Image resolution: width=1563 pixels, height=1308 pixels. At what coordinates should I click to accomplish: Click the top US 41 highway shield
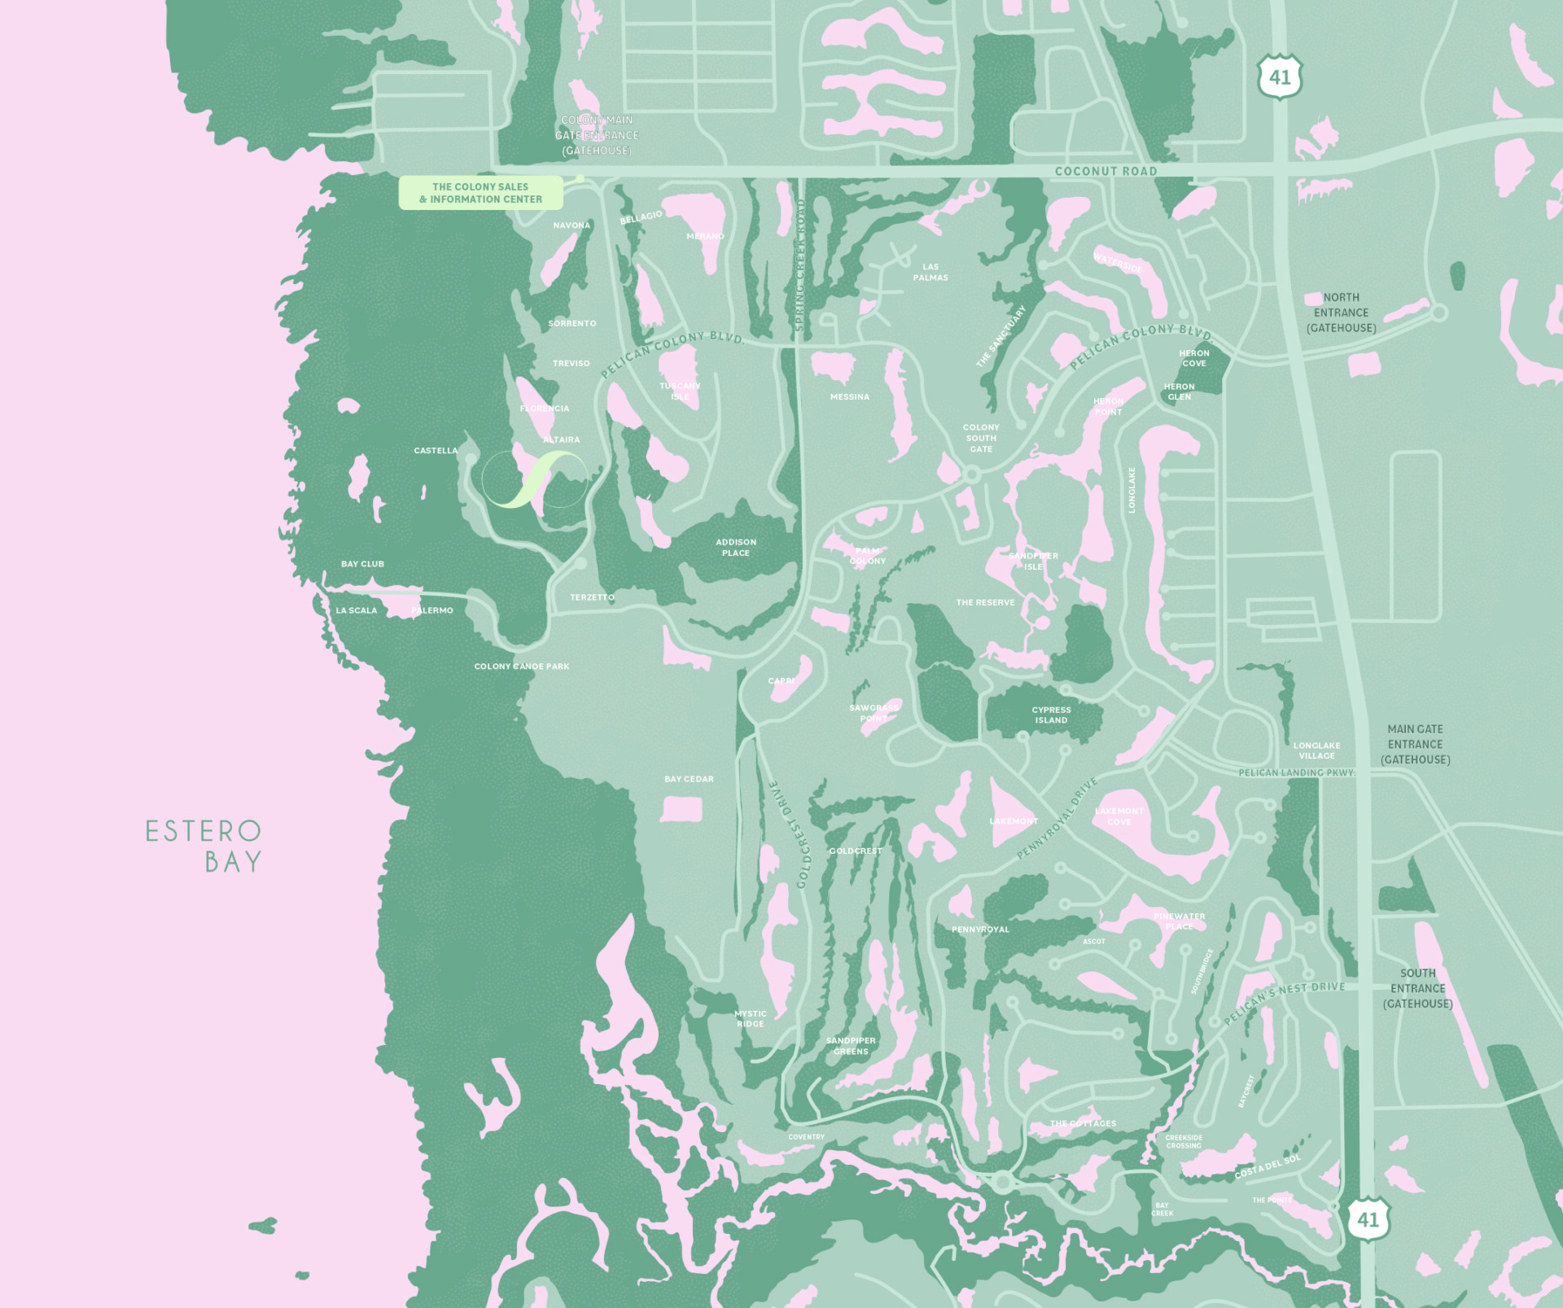coord(1279,77)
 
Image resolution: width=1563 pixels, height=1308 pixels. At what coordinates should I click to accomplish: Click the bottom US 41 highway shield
coord(1368,1219)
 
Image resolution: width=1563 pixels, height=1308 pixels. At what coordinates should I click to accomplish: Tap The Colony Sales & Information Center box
coord(480,193)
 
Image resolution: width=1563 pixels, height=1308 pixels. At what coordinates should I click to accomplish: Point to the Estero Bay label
coord(204,846)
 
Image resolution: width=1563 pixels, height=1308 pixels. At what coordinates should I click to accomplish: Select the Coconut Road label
coord(1105,171)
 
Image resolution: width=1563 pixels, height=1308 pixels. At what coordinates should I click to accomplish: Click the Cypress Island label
coord(1051,715)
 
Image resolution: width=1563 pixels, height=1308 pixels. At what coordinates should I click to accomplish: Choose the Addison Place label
coord(736,547)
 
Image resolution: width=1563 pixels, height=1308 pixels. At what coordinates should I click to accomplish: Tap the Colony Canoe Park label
coord(522,666)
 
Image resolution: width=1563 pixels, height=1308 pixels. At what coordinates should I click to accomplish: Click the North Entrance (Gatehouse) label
coord(1341,313)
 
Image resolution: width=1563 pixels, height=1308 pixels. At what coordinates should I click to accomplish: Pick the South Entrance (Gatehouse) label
coord(1417,988)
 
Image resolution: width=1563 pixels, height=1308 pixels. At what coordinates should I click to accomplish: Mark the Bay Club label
coord(362,563)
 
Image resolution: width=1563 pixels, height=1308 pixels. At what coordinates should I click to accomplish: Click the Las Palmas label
coord(930,272)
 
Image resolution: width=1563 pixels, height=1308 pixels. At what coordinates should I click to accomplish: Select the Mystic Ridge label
coord(751,1018)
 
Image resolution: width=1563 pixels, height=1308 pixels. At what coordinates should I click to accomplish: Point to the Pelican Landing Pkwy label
coord(1295,772)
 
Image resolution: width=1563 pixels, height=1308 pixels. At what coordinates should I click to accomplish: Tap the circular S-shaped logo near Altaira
coord(534,479)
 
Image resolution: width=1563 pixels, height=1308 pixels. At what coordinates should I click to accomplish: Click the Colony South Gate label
coord(981,438)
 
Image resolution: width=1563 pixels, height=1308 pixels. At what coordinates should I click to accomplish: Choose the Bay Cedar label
coord(689,779)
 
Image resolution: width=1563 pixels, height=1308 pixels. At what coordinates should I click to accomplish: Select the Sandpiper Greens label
coord(851,1045)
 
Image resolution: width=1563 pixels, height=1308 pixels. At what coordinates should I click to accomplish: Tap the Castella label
coord(436,450)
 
